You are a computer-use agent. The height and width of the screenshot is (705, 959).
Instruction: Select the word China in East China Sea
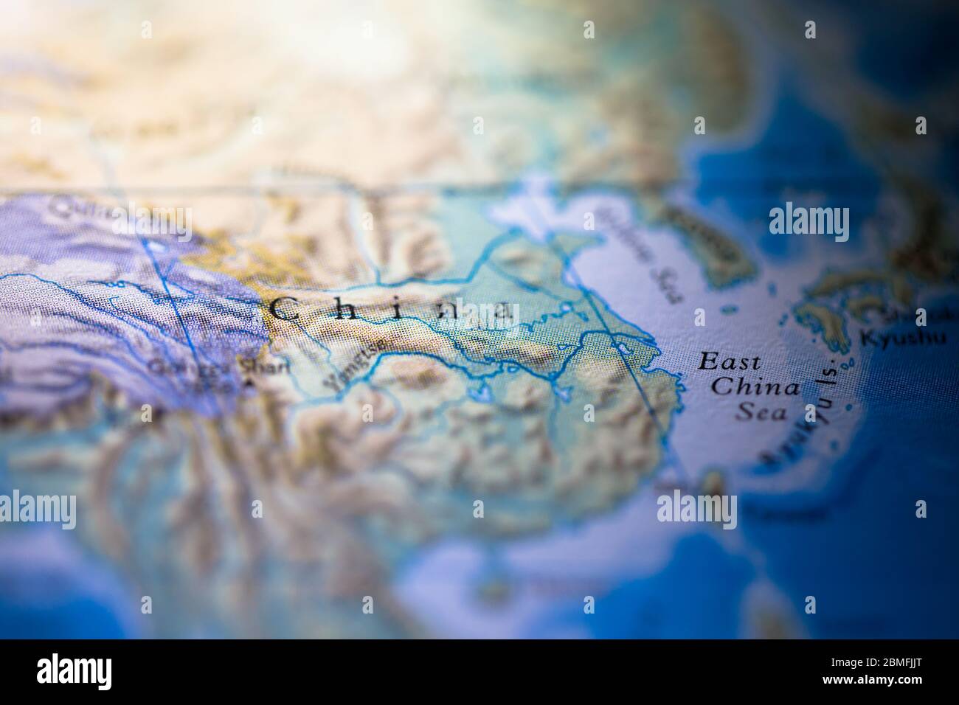pos(758,386)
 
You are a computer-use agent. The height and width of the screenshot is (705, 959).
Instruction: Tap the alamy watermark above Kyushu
pos(809,224)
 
